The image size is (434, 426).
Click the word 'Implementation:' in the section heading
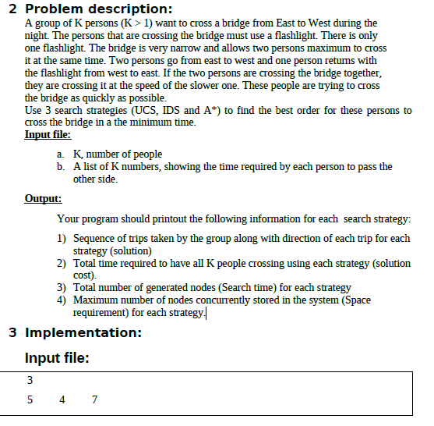point(83,332)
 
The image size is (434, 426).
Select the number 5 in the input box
point(30,400)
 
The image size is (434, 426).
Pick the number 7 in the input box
point(94,400)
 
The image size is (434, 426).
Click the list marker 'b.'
point(61,166)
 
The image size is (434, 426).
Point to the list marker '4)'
point(62,300)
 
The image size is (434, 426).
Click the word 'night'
point(37,36)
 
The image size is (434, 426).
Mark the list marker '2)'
point(62,263)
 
